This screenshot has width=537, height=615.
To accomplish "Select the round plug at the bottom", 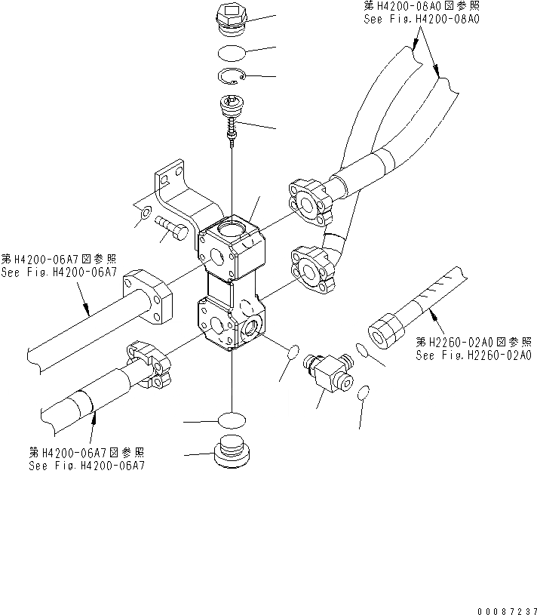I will (231, 454).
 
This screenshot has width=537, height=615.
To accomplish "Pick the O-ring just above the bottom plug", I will (232, 420).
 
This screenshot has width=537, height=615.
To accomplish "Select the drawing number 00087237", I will (507, 607).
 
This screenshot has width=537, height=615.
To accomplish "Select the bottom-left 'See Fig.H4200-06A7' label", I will (87, 466).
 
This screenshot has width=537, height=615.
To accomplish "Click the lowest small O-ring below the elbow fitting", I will (364, 392).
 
